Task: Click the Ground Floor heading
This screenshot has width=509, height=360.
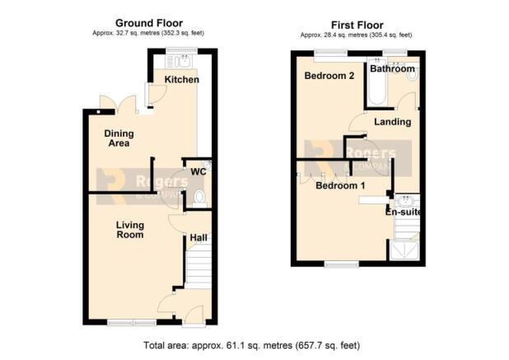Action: (x=149, y=23)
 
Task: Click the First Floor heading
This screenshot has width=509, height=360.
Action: (x=357, y=25)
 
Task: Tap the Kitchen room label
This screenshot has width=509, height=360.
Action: (x=182, y=80)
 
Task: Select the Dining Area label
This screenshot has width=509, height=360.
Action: (x=119, y=138)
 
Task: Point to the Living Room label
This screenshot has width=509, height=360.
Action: (x=130, y=230)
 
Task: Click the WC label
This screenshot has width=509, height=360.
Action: (x=198, y=171)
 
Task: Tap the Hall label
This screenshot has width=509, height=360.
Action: (x=198, y=237)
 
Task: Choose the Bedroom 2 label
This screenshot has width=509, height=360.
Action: (x=329, y=76)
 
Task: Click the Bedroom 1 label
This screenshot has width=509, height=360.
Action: (x=340, y=185)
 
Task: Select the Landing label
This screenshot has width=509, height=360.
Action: (x=393, y=122)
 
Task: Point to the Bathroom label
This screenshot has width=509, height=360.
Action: (x=393, y=69)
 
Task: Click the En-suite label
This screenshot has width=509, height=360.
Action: (x=404, y=212)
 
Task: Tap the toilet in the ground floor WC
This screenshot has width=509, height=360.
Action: (x=199, y=199)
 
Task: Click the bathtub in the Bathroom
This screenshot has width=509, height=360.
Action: (x=377, y=82)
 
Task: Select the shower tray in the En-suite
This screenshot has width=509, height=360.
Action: (x=404, y=250)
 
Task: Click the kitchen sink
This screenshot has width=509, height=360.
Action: (x=184, y=61)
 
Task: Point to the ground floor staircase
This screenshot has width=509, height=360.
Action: (x=198, y=267)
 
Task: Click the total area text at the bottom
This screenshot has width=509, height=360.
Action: (x=251, y=345)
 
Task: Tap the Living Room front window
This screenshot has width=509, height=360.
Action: (x=132, y=322)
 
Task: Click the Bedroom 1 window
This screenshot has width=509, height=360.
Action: (x=342, y=264)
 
